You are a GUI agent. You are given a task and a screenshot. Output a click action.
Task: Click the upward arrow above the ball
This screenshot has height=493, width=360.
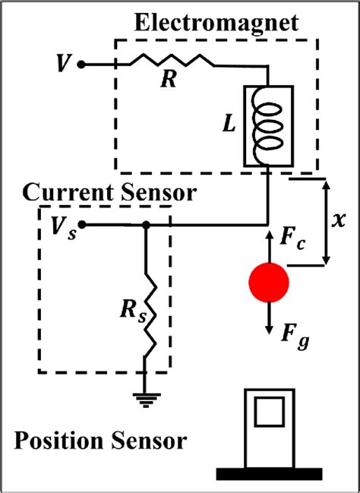(269, 243)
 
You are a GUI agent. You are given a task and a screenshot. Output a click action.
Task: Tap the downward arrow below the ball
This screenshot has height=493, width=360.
(269, 319)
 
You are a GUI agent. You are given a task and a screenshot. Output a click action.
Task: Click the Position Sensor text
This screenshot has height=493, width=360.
(100, 441)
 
